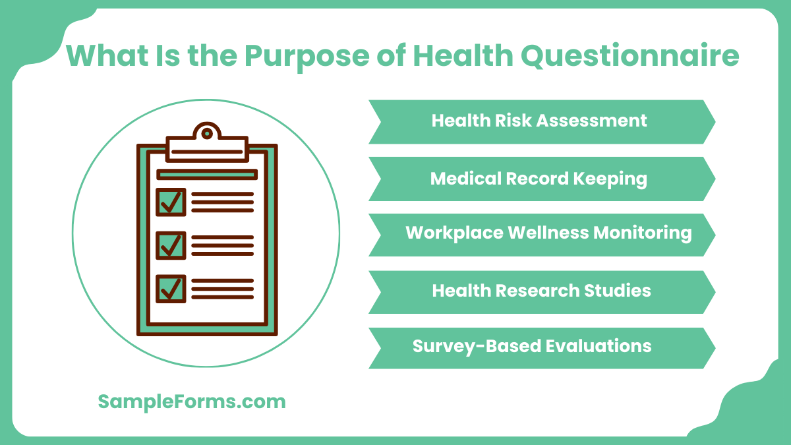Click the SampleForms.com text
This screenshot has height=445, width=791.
tap(192, 401)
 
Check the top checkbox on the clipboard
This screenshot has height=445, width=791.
tap(170, 202)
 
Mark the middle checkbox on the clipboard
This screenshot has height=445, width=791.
tap(170, 245)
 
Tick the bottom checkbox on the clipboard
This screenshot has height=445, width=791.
tap(170, 289)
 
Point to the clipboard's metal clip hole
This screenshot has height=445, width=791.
tap(207, 134)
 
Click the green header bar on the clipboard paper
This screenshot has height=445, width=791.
tap(206, 175)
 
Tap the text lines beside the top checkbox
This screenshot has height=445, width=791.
tap(222, 202)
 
